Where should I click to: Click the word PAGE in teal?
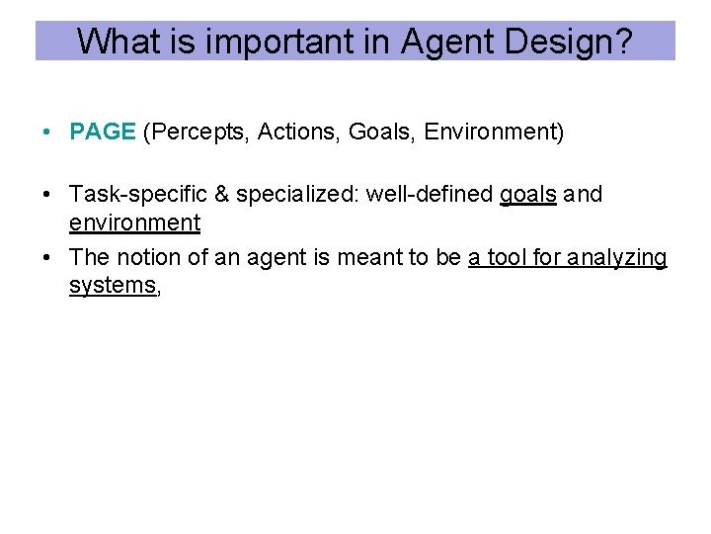pyautogui.click(x=103, y=133)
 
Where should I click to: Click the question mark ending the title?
pyautogui.click(x=621, y=41)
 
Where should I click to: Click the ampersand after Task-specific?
pyautogui.click(x=216, y=195)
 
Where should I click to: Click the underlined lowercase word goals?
pyautogui.click(x=528, y=195)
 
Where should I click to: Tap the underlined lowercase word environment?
pyautogui.click(x=134, y=223)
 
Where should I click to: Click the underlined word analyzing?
pyautogui.click(x=620, y=258)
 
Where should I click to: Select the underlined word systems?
pyautogui.click(x=113, y=287)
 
